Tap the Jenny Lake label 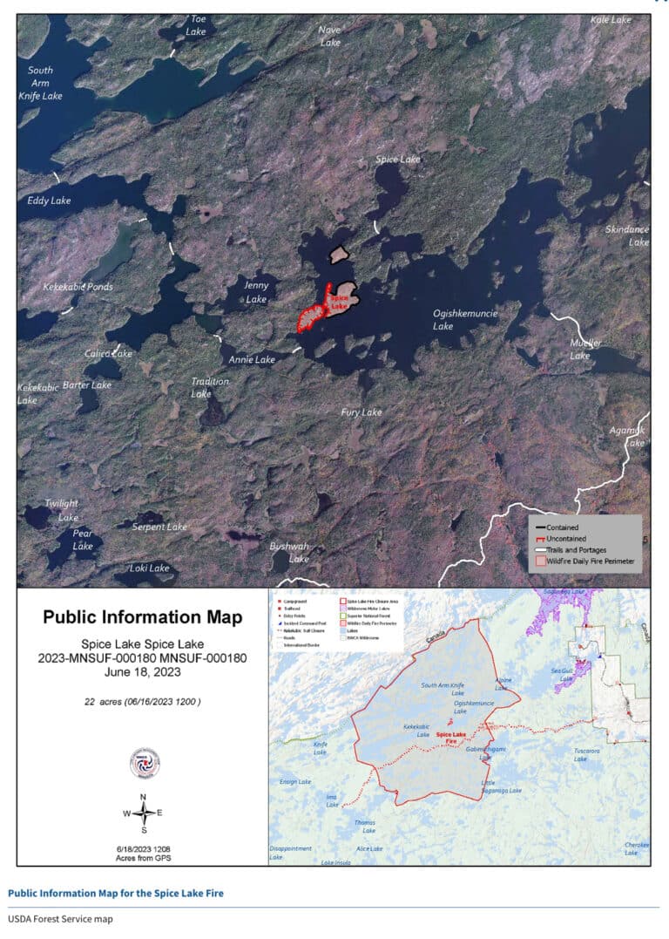(x=256, y=292)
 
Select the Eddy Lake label (x=49, y=201)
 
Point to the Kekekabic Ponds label (x=78, y=286)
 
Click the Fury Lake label (x=361, y=412)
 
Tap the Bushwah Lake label (x=289, y=552)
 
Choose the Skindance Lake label (x=627, y=235)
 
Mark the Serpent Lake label (x=159, y=527)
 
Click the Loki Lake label (x=149, y=568)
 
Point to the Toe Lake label (x=198, y=24)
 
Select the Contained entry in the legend (x=588, y=527)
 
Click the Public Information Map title (x=143, y=617)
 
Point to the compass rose (x=143, y=813)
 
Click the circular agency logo (x=143, y=762)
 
